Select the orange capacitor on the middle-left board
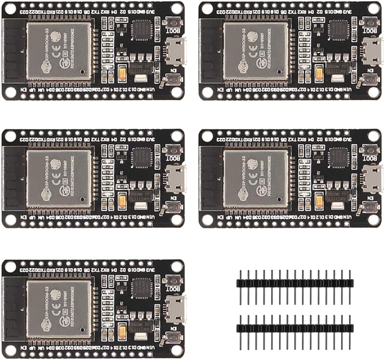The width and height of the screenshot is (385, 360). tap(122, 201)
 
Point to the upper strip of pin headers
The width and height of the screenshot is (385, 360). tap(295, 283)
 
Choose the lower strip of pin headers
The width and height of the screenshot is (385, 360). tap(295, 328)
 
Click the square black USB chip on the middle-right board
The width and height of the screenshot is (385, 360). tap(339, 157)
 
